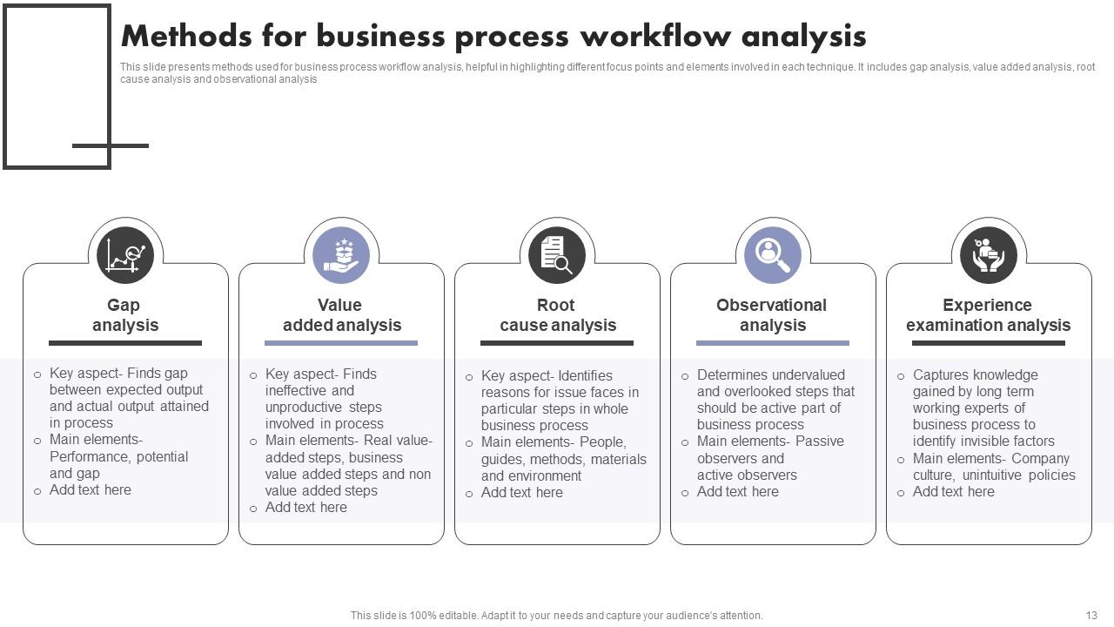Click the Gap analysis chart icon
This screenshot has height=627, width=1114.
(125, 255)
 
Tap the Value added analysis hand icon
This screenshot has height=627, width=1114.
(341, 255)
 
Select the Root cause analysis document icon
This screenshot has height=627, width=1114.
(557, 255)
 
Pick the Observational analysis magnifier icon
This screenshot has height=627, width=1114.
(773, 255)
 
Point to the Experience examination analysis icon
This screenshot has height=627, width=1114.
(989, 255)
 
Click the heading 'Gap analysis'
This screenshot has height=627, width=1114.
(125, 315)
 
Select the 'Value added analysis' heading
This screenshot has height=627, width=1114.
(341, 315)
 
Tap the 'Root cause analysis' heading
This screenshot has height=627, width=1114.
(557, 315)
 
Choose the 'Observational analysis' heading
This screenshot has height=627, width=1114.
(772, 315)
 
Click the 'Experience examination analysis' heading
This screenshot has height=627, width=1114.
(988, 315)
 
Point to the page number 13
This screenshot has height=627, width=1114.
(1091, 615)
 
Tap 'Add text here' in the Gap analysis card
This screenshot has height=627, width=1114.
(91, 490)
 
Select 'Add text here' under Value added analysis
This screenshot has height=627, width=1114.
(306, 508)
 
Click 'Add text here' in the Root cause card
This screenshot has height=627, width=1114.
(522, 493)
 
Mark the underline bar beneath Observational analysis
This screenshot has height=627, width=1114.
(773, 343)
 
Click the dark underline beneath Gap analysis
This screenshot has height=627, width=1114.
(125, 343)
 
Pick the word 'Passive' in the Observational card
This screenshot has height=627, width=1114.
(819, 442)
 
